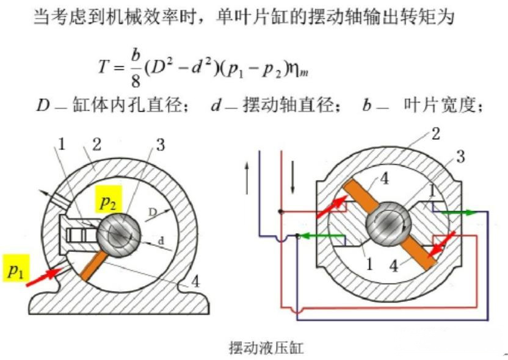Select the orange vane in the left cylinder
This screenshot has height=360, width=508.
(x=93, y=266)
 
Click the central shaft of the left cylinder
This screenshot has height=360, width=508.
(x=118, y=234)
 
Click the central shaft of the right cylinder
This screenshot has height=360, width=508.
(x=388, y=225)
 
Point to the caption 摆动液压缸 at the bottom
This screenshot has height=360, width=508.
(x=266, y=348)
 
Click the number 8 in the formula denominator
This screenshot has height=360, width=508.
(x=136, y=81)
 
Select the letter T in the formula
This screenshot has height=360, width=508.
(x=103, y=67)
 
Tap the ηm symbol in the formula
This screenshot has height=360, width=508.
(x=299, y=69)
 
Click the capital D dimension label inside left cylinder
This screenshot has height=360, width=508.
(x=153, y=212)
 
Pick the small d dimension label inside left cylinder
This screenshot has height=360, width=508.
(x=161, y=240)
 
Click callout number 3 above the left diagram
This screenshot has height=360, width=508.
(x=161, y=145)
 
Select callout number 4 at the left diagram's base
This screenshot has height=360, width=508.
(x=195, y=282)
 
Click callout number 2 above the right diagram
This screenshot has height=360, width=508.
(x=435, y=134)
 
